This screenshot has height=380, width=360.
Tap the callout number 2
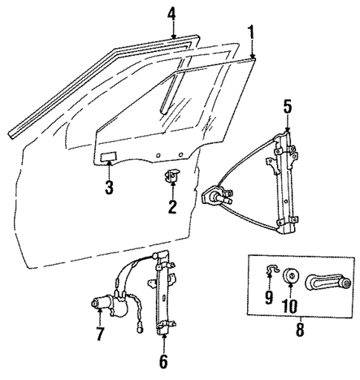pos(171,207)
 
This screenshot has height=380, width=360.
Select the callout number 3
pos(108,188)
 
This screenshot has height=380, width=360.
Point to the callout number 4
pos(171,13)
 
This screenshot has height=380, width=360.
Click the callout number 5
pos(287,108)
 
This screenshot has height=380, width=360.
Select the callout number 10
pos(291,304)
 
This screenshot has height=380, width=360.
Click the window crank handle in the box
pos(326,283)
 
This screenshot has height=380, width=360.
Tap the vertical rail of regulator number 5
pos(284,182)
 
